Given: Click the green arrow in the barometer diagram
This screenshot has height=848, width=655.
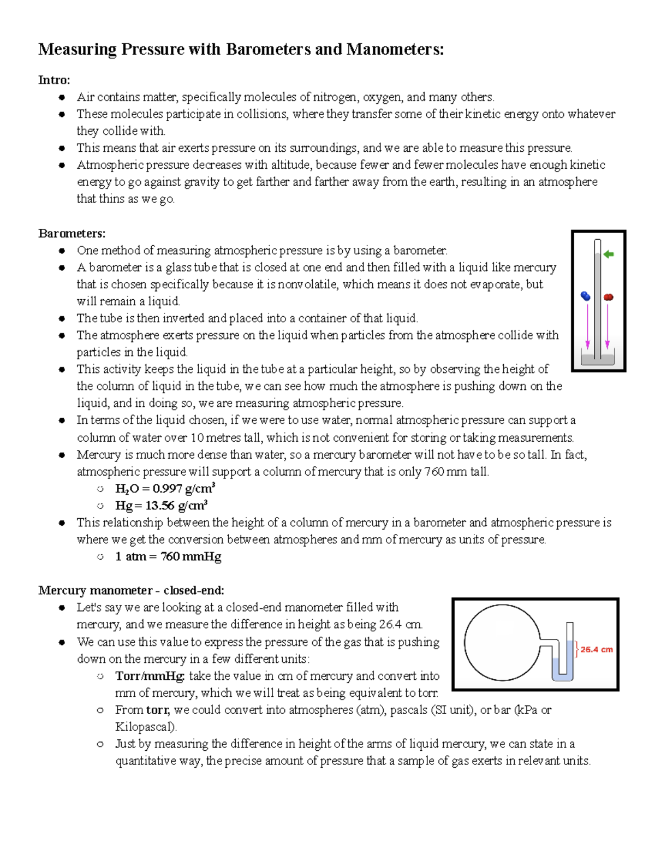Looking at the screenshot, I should point(609,254).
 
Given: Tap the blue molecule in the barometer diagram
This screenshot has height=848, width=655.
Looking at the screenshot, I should point(586,296).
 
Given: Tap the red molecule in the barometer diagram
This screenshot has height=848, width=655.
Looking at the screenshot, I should point(609,297).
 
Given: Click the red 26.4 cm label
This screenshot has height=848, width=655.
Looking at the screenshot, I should point(596,649).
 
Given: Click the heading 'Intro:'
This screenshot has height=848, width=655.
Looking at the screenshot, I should point(54,80).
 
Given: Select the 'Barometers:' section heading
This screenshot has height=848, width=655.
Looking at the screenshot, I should point(72,233).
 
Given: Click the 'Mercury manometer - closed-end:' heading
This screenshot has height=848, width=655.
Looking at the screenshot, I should point(131,590).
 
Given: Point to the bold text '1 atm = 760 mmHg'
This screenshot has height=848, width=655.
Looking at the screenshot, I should point(168,556).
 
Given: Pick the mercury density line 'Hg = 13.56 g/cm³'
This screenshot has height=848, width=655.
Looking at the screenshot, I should point(161,505).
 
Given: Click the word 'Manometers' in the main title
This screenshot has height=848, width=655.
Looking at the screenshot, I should point(395,49).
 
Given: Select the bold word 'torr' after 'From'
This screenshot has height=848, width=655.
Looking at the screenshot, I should point(158,710).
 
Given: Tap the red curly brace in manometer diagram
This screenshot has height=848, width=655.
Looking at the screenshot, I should point(576,649).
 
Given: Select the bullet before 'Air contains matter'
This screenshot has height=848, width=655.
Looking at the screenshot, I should point(63,97).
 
